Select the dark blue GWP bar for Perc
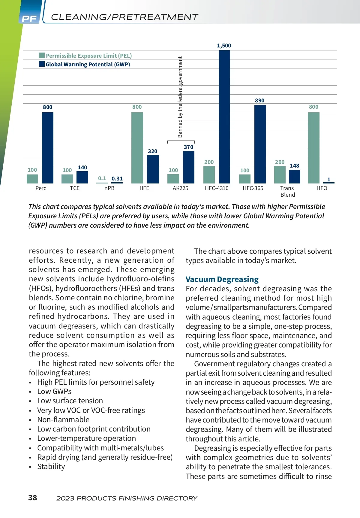48,148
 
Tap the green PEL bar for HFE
137,148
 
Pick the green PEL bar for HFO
313,148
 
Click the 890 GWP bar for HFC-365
260,144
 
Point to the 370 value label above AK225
188,147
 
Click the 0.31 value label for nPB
117,179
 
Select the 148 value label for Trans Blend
294,166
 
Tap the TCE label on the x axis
75,188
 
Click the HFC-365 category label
253,188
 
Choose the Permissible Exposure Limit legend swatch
42,56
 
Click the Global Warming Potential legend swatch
42,64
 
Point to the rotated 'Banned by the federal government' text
180,97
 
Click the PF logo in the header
29,19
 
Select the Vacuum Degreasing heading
222,279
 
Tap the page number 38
33,498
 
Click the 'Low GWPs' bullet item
54,392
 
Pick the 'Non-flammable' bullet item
63,420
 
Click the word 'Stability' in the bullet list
51,467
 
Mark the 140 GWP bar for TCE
82,177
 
